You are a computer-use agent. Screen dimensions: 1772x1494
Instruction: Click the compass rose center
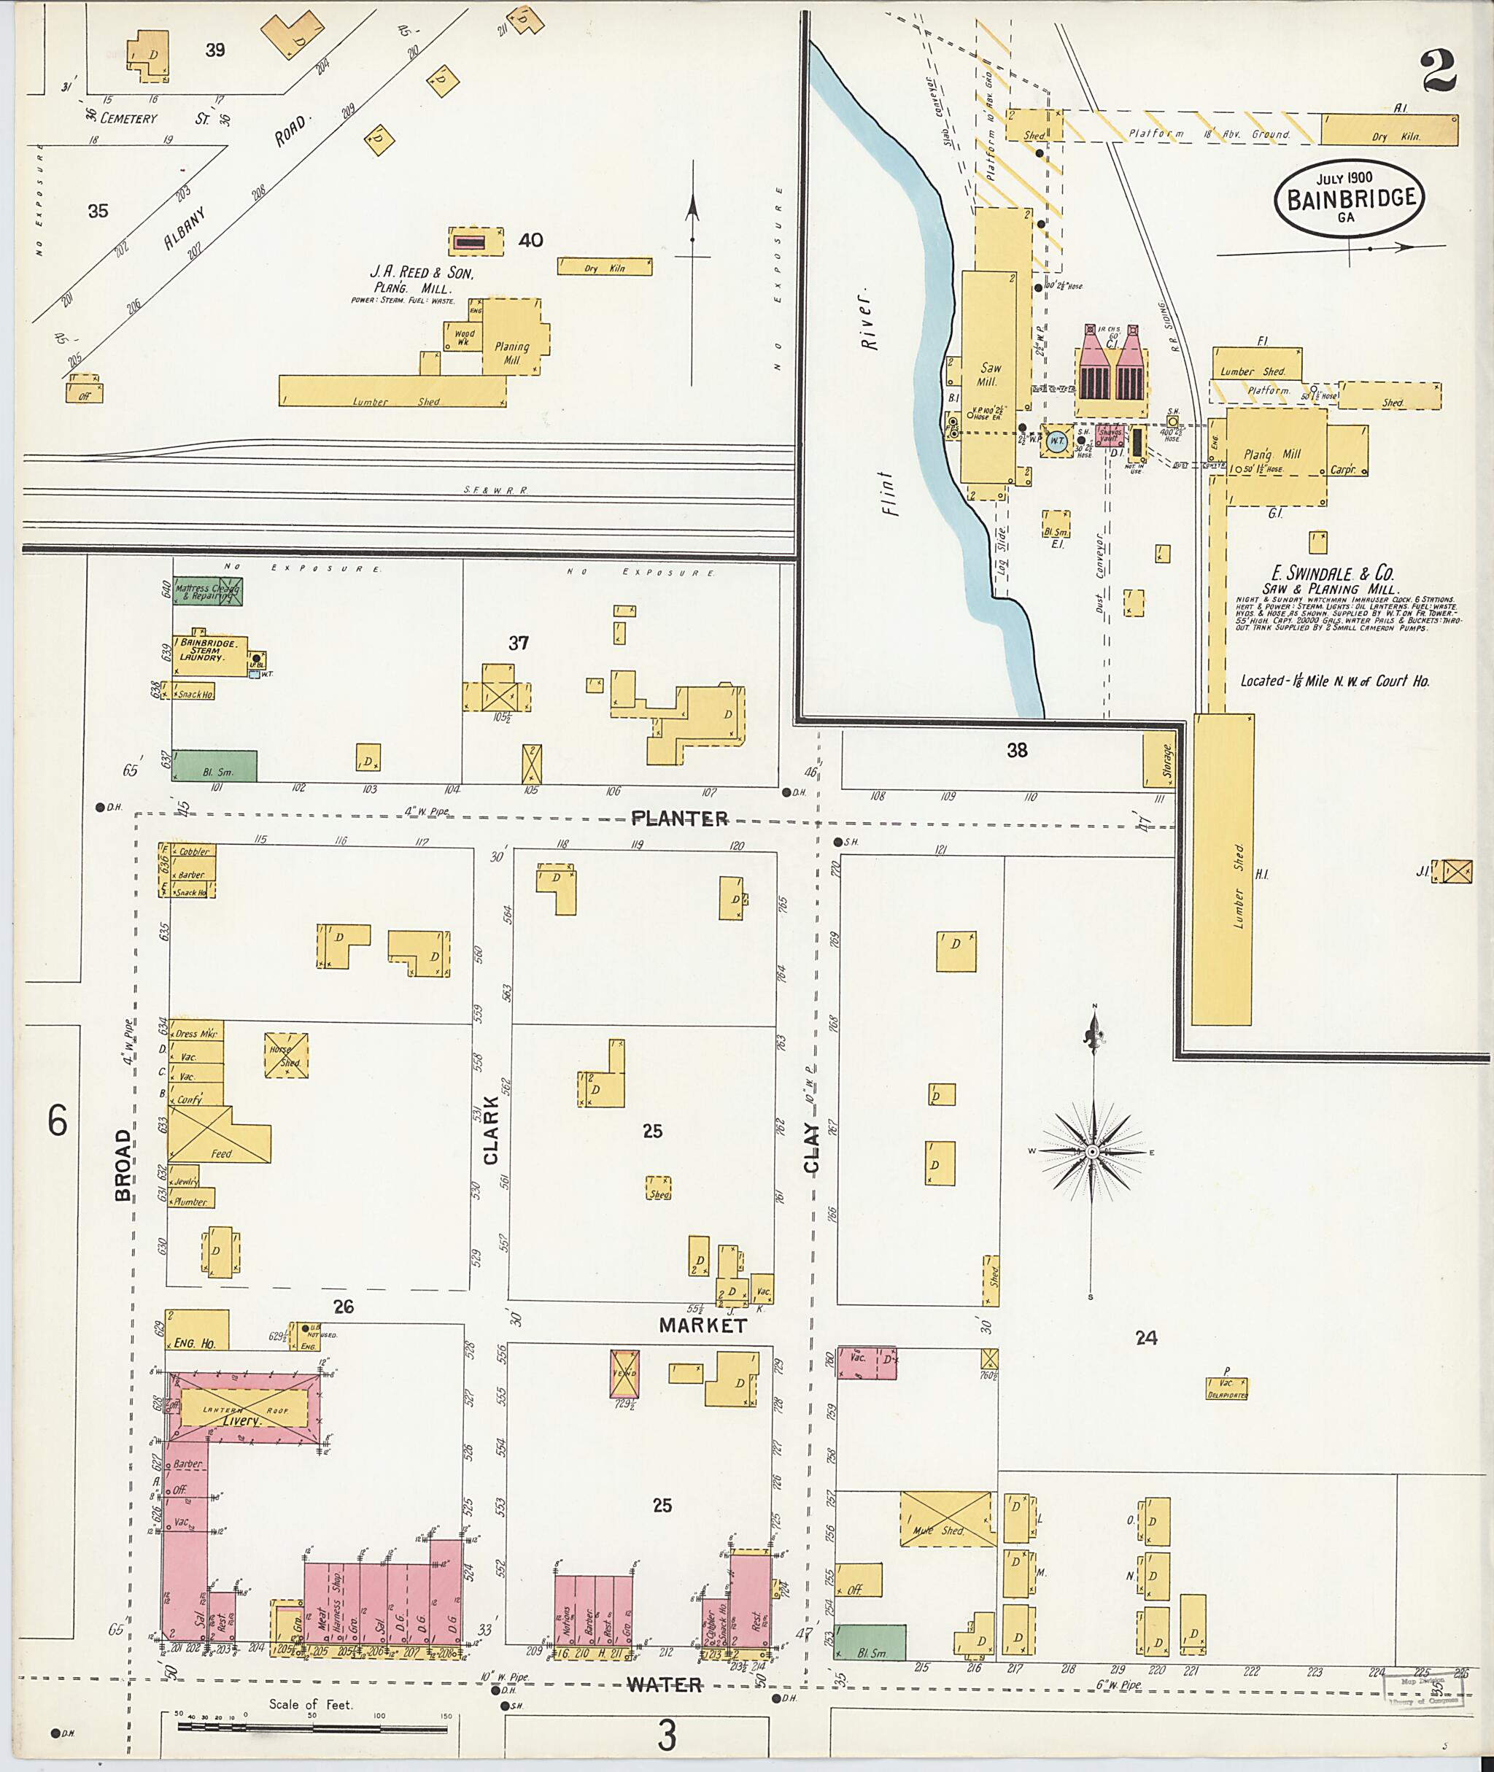pos(1093,1152)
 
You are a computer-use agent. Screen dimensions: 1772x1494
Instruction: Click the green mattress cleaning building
pos(207,591)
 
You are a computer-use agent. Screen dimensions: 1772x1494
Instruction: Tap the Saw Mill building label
pos(989,374)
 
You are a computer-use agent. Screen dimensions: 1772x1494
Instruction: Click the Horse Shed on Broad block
pos(285,1055)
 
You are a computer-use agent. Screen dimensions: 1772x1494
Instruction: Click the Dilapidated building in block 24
pos(1226,1388)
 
